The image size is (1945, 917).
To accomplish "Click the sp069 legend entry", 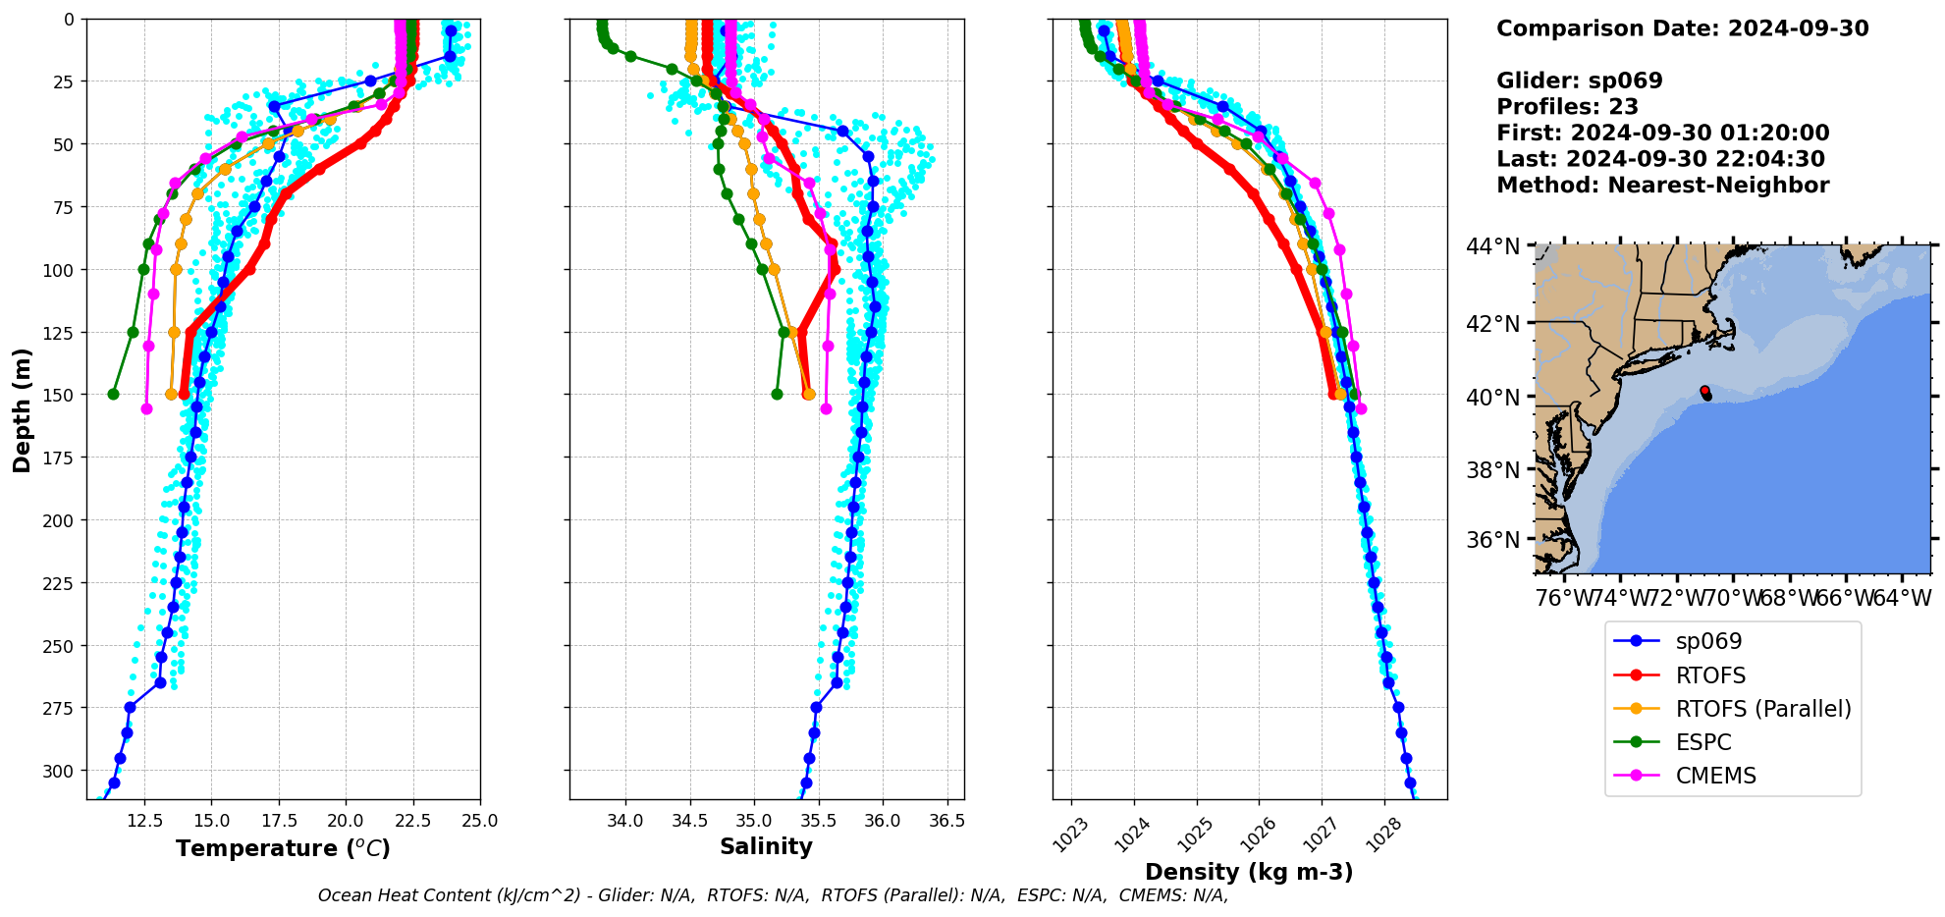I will click(x=1707, y=642).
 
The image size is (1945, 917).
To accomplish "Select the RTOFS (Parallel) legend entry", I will click(x=1762, y=709).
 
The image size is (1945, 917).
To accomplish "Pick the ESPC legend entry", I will click(x=1702, y=742).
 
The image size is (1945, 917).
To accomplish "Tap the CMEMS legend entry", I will click(x=1715, y=776).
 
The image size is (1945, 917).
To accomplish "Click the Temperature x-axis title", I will click(x=283, y=848).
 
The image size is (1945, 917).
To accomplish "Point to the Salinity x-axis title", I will click(x=766, y=846).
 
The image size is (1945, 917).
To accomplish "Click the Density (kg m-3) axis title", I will click(x=1249, y=872).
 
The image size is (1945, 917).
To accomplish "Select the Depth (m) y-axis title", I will click(x=22, y=409).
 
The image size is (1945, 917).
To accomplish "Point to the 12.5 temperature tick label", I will click(x=144, y=821).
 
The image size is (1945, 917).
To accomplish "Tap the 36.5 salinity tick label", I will click(x=945, y=821).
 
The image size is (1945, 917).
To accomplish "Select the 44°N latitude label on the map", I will click(x=1492, y=246).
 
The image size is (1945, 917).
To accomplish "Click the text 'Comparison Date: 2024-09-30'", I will click(x=1682, y=28).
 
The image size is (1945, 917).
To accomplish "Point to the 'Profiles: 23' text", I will click(x=1567, y=107).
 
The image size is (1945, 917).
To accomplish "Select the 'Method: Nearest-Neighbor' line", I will click(x=1662, y=186).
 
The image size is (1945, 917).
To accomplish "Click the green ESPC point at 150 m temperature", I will click(x=113, y=394).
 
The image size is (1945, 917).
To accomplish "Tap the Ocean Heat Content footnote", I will click(x=773, y=895).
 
